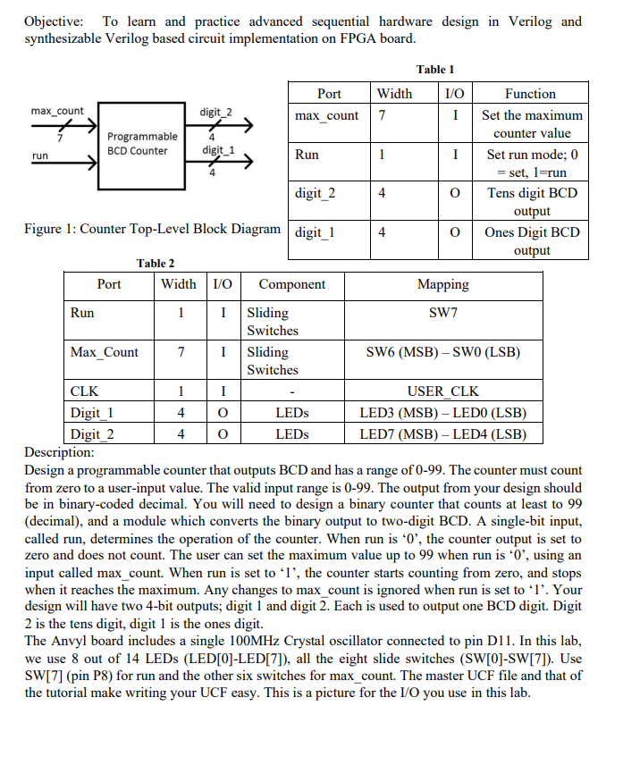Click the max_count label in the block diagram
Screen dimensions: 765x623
click(x=57, y=111)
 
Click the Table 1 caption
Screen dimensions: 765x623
click(x=435, y=69)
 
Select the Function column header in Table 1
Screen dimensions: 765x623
click(x=530, y=93)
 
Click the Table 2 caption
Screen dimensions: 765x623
click(x=155, y=263)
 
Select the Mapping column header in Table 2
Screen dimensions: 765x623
click(x=442, y=284)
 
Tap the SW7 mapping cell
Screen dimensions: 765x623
click(x=442, y=313)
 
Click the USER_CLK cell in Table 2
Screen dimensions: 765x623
click(x=442, y=391)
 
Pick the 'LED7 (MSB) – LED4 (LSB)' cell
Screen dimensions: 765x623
click(x=442, y=434)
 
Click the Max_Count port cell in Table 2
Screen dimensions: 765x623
click(x=105, y=352)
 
